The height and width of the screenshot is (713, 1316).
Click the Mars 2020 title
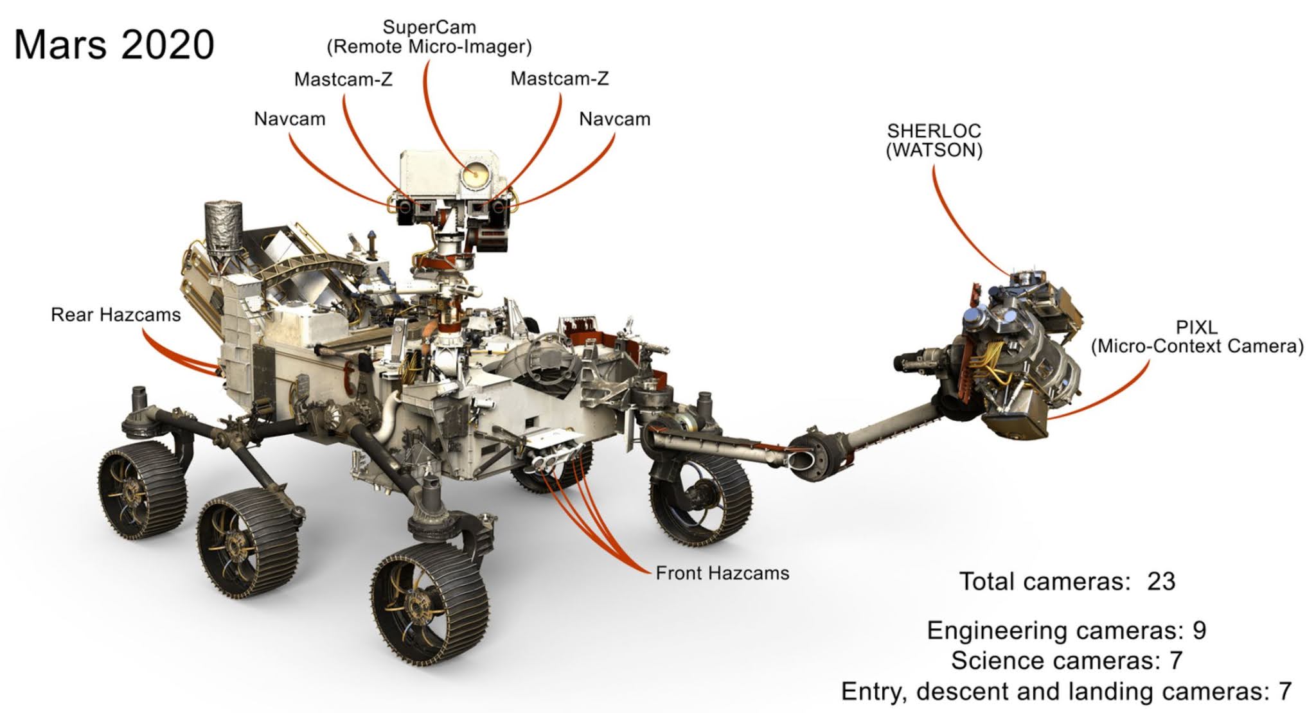pyautogui.click(x=114, y=45)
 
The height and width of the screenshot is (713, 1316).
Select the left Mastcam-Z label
pyautogui.click(x=343, y=80)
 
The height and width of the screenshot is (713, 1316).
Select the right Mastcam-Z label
pyautogui.click(x=559, y=79)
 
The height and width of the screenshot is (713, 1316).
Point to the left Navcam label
pyautogui.click(x=290, y=119)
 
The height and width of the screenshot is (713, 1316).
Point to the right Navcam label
pyautogui.click(x=614, y=119)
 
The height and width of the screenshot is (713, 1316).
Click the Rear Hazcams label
pyautogui.click(x=116, y=315)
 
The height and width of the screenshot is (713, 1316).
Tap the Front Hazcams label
pyautogui.click(x=722, y=573)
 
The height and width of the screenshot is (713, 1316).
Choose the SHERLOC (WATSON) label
pyautogui.click(x=934, y=140)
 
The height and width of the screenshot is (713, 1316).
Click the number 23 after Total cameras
pyautogui.click(x=1161, y=581)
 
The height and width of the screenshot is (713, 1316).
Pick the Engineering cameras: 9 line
pyautogui.click(x=1066, y=630)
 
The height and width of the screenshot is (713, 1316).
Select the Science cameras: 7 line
pyautogui.click(x=1066, y=660)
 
